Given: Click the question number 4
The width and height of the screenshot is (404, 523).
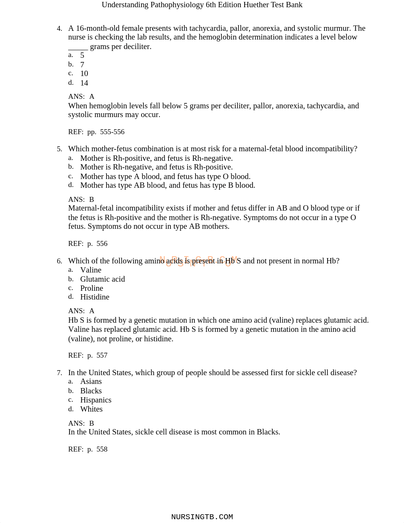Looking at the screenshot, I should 59,29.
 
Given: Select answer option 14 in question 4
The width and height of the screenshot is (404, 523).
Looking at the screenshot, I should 84,83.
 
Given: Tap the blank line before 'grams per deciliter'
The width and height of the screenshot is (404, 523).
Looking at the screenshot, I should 78,47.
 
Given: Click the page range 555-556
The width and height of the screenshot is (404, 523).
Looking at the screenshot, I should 112,132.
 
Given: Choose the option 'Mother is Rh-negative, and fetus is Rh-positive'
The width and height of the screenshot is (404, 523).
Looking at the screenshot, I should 156,167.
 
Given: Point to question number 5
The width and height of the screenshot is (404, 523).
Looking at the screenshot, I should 59,149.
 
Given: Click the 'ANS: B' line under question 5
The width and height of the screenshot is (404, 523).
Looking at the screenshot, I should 81,200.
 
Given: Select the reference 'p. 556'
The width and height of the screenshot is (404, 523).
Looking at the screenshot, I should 97,244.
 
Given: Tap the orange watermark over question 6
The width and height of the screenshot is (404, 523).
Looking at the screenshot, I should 199,261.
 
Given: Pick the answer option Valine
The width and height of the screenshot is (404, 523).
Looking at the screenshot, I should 91,270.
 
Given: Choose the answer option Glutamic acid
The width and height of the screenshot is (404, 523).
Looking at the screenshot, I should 102,279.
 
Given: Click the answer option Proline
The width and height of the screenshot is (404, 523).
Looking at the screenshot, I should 92,288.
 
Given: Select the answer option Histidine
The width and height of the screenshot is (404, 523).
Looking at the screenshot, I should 95,297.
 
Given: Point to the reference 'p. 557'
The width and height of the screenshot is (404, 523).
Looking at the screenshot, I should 97,355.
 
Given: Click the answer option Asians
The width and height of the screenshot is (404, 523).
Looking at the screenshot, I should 91,381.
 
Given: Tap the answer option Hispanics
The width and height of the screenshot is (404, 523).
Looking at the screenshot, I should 96,400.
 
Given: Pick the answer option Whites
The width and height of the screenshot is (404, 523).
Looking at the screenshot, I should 91,409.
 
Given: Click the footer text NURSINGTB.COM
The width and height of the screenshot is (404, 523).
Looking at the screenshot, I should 202,517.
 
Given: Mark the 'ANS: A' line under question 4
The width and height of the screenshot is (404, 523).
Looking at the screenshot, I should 81,97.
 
